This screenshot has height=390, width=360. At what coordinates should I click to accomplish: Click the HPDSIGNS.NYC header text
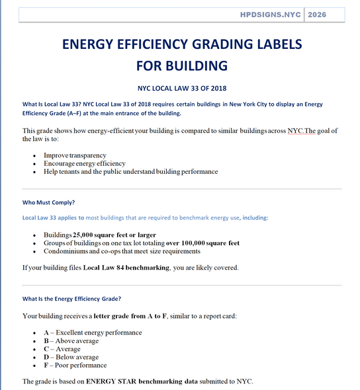271,14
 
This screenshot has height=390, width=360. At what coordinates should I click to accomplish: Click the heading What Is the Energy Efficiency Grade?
71,298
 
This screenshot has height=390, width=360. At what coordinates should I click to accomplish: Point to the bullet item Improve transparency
75,155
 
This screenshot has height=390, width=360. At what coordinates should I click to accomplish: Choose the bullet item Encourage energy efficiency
84,163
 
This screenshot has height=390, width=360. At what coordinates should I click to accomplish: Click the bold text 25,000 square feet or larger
114,235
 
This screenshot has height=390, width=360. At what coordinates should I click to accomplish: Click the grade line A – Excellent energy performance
93,332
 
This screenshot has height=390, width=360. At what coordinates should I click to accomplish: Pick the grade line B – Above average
71,340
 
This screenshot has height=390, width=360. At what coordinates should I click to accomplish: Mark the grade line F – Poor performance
75,365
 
